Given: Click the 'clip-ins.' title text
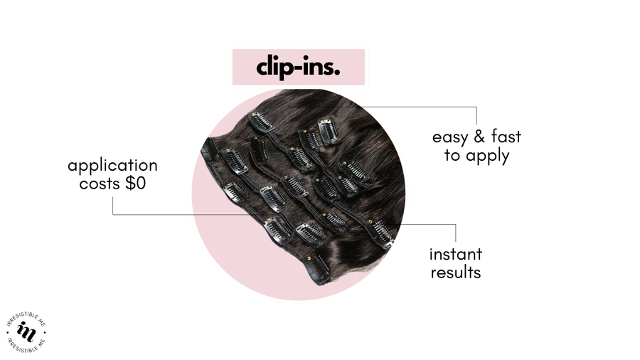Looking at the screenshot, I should [298, 68].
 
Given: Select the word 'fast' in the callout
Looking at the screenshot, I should [506, 137].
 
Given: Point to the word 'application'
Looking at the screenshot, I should [112, 166].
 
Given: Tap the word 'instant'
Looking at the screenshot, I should [455, 254].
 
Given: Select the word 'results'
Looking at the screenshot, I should [455, 272].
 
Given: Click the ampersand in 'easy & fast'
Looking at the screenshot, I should [479, 137].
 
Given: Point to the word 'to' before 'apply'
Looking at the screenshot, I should [452, 157].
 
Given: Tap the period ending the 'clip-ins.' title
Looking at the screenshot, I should [336, 73].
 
